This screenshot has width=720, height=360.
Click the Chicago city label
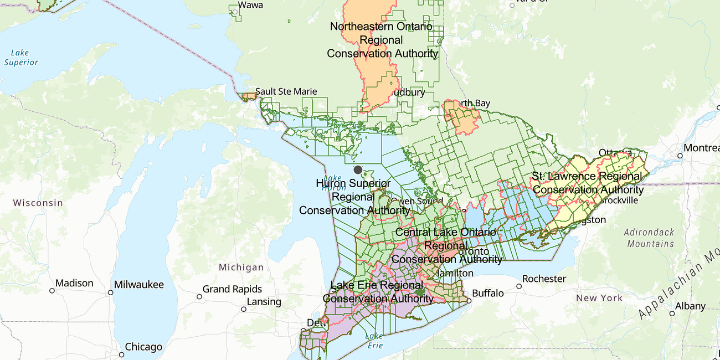pyautogui.click(x=143, y=347)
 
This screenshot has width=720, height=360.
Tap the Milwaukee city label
pyautogui.click(x=139, y=285)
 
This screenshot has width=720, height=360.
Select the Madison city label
pyautogui.click(x=74, y=284)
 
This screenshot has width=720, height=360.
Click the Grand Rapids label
pyautogui.click(x=232, y=289)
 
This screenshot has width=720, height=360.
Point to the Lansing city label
pyautogui.click(x=264, y=302)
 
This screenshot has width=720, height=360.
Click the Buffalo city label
pyautogui.click(x=488, y=293)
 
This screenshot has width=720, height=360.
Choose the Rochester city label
pyautogui.click(x=544, y=279)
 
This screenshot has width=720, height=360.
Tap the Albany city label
pyautogui.click(x=690, y=306)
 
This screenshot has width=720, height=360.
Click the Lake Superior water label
pyautogui.click(x=21, y=58)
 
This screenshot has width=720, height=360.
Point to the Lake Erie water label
pyautogui.click(x=374, y=341)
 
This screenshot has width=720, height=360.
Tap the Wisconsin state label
pyautogui.click(x=38, y=203)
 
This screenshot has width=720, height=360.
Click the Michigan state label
pyautogui.click(x=241, y=268)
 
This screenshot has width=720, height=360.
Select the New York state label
pyautogui.click(x=599, y=298)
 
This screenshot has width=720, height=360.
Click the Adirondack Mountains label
pyautogui.click(x=649, y=238)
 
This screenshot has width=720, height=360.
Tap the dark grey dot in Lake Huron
pyautogui.click(x=358, y=170)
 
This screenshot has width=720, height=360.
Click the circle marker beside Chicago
pyautogui.click(x=121, y=354)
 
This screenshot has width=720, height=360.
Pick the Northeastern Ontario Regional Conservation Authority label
pyautogui.click(x=382, y=40)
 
